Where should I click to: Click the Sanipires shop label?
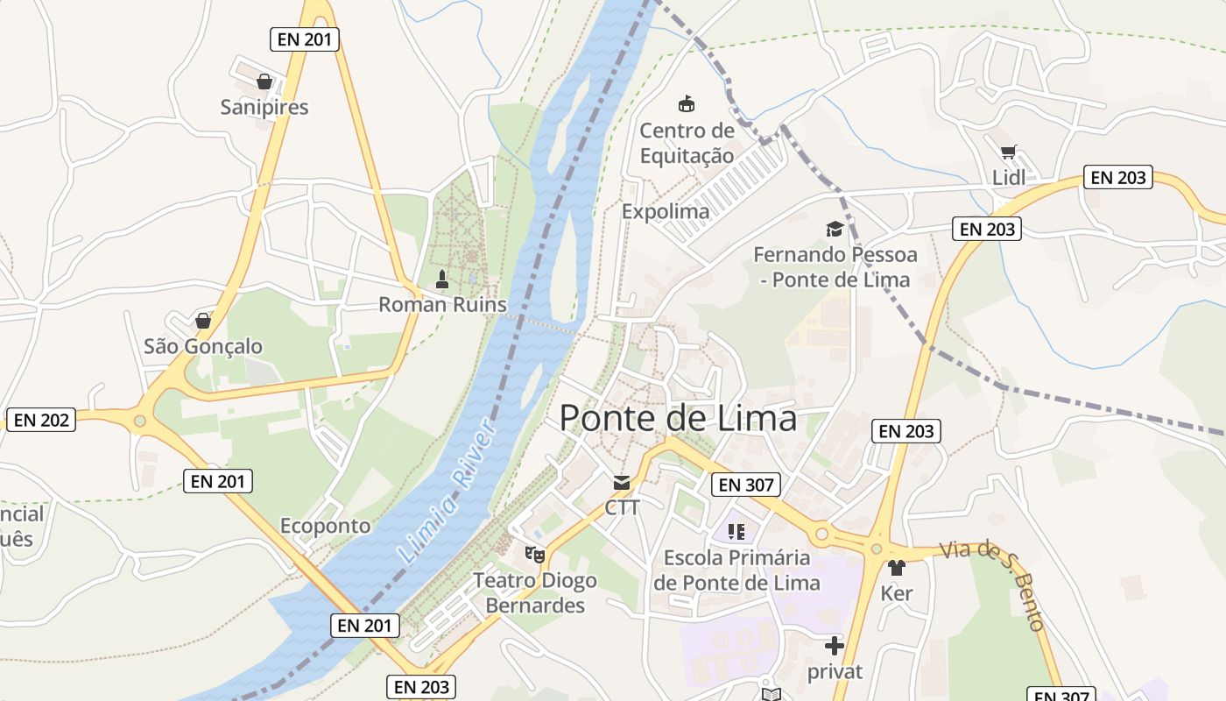[x=264, y=107]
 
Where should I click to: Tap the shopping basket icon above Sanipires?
[x=264, y=82]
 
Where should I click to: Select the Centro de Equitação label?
[x=687, y=143]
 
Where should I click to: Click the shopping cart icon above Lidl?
[x=1009, y=152]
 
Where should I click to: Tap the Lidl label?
[x=1009, y=178]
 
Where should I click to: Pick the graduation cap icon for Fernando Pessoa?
[x=835, y=230]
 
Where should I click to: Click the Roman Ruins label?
[x=442, y=304]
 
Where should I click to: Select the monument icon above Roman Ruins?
[x=442, y=280]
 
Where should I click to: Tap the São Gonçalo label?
[x=203, y=346]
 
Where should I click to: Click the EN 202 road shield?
[x=41, y=420]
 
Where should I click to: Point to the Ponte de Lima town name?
[x=678, y=418]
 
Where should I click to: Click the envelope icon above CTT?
[x=622, y=483]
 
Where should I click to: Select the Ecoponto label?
[x=325, y=526]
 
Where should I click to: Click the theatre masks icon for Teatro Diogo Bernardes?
[x=534, y=554]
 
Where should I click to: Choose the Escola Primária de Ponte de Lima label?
[x=736, y=570]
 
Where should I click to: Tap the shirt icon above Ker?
[x=896, y=568]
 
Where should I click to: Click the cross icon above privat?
[x=834, y=647]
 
